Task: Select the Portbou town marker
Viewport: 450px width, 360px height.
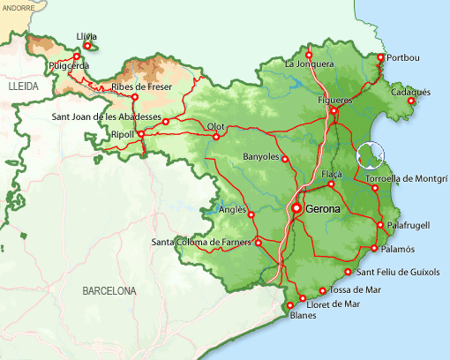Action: [x=381, y=58]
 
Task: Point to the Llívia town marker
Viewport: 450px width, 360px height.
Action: [x=86, y=46]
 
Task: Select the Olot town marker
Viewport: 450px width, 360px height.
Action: [x=216, y=137]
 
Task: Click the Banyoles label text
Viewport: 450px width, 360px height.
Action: [x=260, y=157]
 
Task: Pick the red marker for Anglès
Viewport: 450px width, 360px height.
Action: [x=250, y=214]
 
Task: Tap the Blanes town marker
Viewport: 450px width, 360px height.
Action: [x=291, y=305]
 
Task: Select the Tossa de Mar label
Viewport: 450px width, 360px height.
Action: [x=356, y=289]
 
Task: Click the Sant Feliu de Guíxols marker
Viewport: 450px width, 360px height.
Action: [x=349, y=273]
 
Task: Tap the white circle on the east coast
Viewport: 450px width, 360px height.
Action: [x=371, y=156]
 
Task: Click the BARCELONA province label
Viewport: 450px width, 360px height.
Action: [x=109, y=290]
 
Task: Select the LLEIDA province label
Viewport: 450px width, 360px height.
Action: [x=25, y=90]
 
